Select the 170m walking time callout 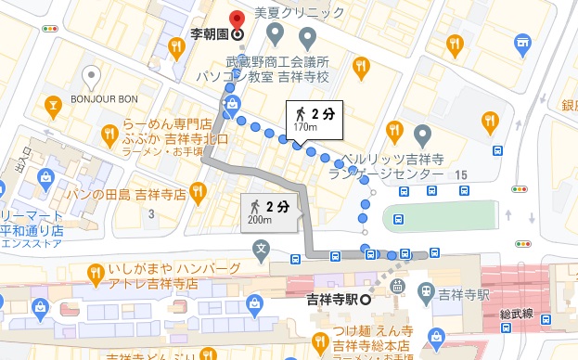tap(313, 118)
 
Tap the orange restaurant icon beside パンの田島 tap(196, 192)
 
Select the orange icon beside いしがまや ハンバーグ tap(95, 273)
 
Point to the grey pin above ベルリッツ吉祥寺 tap(422, 134)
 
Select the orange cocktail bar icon tap(54, 106)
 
